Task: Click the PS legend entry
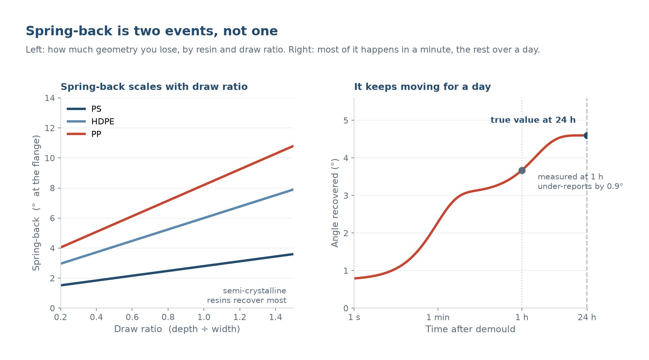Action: point(84,109)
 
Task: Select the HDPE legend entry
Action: point(90,121)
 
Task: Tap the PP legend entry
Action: point(84,134)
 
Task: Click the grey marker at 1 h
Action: point(522,171)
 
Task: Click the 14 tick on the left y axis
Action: point(50,98)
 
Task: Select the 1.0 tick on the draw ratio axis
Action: point(204,317)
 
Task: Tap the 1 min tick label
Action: point(438,318)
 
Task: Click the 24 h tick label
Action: point(587,318)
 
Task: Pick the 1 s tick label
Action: point(354,318)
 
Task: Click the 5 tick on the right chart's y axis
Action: point(346,120)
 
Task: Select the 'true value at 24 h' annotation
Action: point(533,120)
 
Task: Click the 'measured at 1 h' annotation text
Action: point(570,177)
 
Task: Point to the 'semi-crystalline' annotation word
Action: point(254,291)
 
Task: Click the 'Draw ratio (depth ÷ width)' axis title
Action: point(177,329)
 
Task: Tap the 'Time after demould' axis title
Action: point(470,329)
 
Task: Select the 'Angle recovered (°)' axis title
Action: point(335,203)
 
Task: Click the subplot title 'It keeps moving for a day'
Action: point(422,86)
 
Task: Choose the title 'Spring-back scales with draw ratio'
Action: point(154,86)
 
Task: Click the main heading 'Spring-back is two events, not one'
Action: point(151,31)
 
